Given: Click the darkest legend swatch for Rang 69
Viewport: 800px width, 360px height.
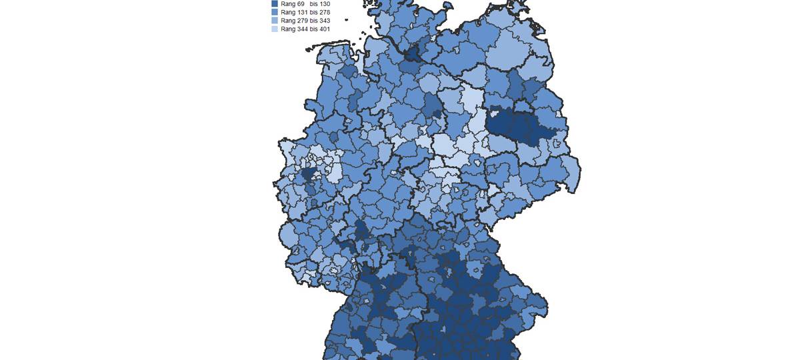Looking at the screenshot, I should tap(275, 4).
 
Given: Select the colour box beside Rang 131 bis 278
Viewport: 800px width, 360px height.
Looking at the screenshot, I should tap(275, 12).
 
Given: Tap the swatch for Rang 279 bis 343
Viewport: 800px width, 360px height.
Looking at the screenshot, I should tap(275, 21).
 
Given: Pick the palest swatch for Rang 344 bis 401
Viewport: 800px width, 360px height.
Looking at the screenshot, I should tap(275, 29).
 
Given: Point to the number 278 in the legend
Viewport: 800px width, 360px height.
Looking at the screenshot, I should tap(324, 12).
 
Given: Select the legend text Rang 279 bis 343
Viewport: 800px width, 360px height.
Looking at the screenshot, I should tap(305, 21).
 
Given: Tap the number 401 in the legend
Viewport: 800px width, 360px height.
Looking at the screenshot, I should tap(324, 29).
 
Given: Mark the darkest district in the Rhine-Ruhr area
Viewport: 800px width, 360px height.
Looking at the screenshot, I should tap(308, 175).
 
